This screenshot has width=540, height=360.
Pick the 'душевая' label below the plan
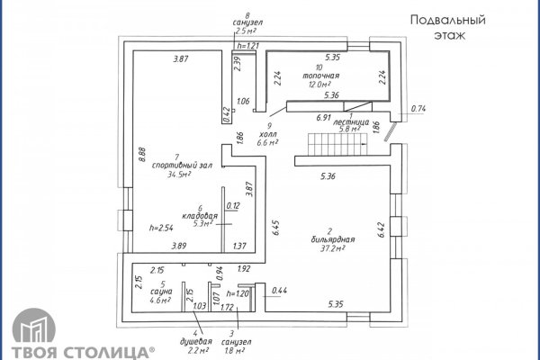[198, 343]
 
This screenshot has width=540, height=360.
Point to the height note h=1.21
[247, 45]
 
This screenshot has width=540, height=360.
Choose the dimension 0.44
[279, 290]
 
